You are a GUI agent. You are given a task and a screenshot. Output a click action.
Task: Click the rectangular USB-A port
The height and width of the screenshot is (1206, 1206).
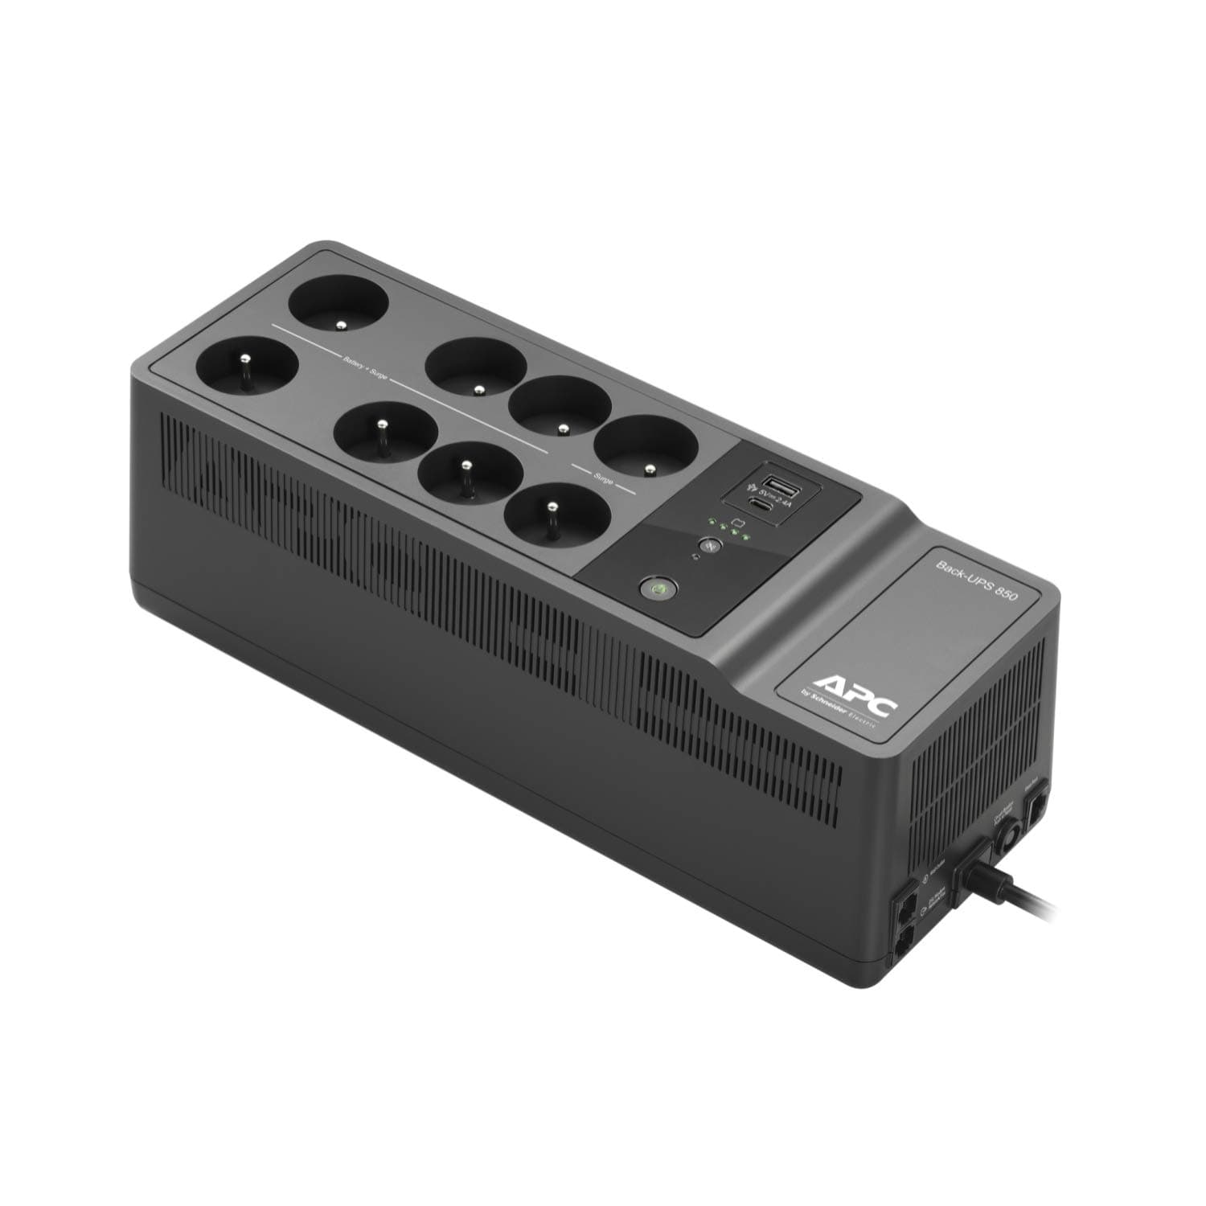[780, 484]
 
